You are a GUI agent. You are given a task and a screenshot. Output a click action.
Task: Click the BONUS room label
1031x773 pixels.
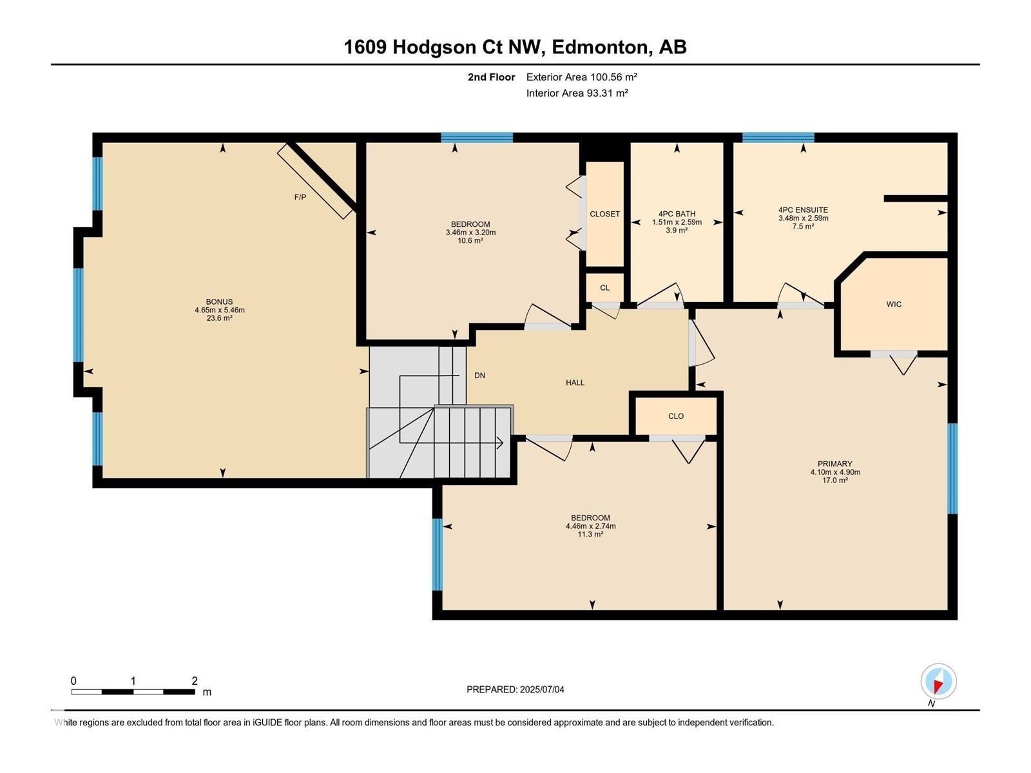click(219, 301)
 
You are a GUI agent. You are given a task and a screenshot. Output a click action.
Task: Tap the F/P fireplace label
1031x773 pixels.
click(300, 197)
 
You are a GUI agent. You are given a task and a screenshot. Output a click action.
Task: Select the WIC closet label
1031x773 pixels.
click(894, 304)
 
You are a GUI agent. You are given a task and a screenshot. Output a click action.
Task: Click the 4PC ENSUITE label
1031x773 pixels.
click(803, 210)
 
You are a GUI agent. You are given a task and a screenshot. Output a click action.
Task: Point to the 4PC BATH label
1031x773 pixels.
click(677, 214)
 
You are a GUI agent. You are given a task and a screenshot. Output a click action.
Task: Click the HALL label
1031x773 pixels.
click(575, 383)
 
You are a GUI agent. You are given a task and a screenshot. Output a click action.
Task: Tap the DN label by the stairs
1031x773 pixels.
click(479, 376)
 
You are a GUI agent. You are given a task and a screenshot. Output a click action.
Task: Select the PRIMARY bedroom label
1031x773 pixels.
click(834, 464)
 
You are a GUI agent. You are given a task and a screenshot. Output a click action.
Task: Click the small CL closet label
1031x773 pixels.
click(604, 288)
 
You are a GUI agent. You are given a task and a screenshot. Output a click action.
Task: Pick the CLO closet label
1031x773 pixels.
click(675, 416)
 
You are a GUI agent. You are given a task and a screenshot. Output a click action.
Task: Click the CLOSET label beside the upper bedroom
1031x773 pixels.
click(604, 214)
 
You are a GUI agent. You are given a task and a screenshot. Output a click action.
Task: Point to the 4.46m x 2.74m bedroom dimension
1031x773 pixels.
click(590, 526)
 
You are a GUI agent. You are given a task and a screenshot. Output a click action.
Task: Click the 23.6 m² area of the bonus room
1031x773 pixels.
click(219, 318)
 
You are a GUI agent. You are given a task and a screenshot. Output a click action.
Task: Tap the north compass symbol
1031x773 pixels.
click(938, 682)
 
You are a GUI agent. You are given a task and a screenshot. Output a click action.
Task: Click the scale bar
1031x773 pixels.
click(133, 692)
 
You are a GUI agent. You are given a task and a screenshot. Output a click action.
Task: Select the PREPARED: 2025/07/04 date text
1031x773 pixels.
click(515, 689)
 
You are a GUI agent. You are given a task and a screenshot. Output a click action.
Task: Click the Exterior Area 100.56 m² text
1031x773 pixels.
click(581, 77)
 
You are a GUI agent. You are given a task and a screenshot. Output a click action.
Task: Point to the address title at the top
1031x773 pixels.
click(515, 47)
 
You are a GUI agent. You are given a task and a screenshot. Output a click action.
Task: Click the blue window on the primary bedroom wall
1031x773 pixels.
click(952, 468)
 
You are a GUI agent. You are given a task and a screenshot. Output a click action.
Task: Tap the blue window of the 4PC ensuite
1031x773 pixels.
click(778, 137)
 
